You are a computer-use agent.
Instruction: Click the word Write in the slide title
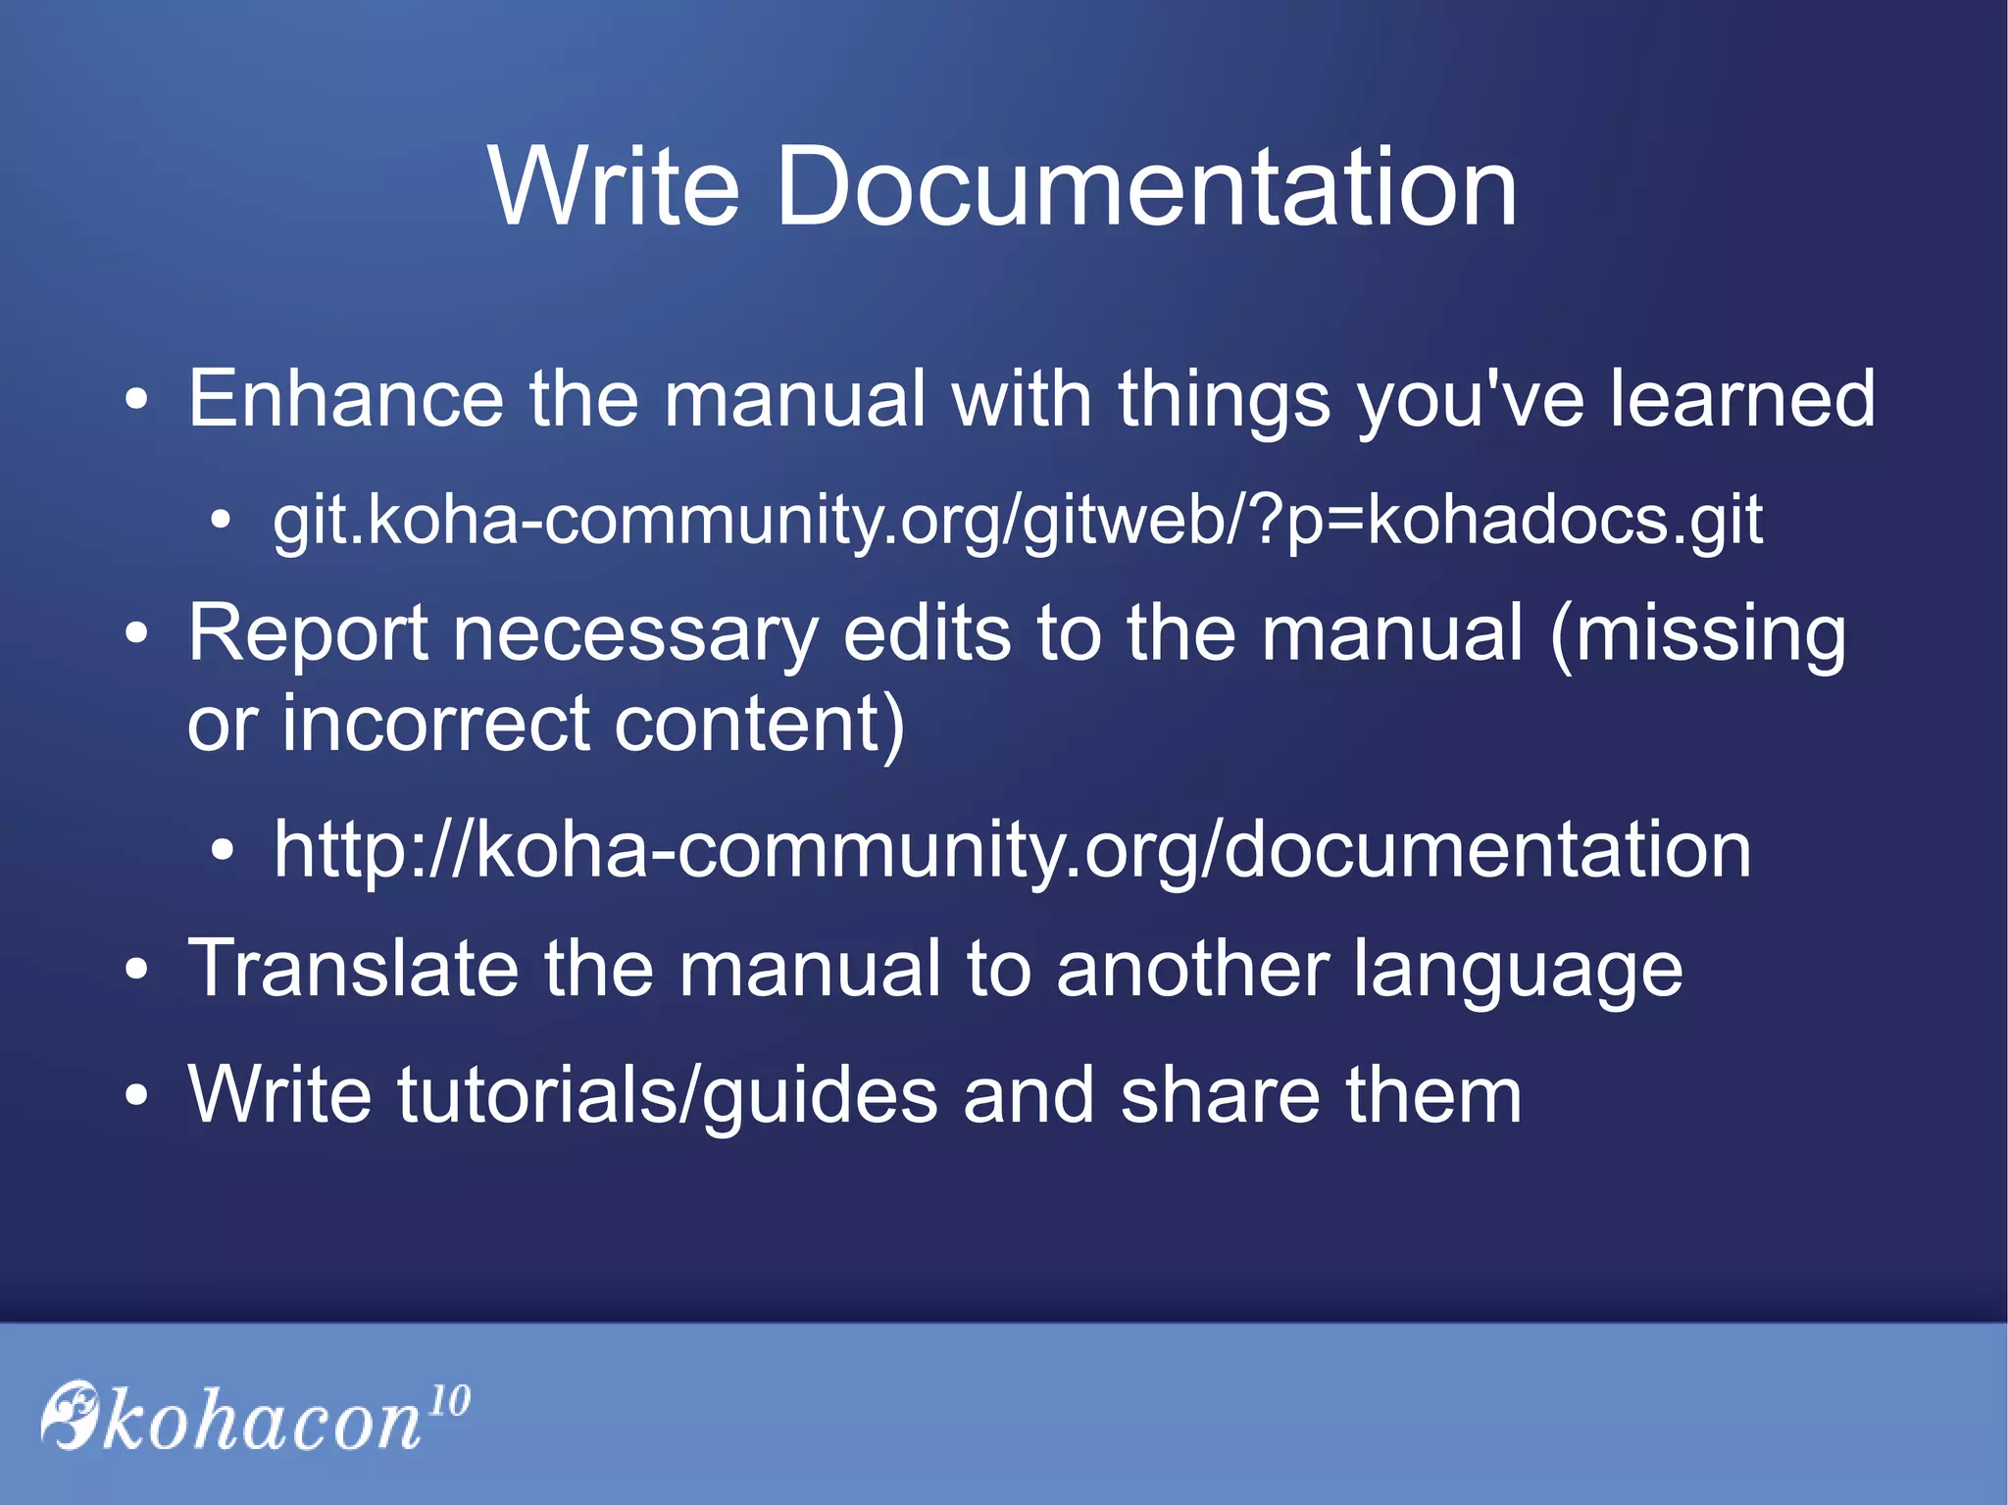tap(614, 186)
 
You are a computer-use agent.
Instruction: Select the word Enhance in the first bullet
tap(345, 399)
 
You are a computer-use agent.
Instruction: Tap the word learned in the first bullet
tap(1742, 399)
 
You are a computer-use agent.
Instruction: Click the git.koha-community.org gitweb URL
tap(1017, 521)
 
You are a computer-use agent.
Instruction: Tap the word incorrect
tap(435, 725)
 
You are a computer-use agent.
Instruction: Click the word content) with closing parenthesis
tap(760, 725)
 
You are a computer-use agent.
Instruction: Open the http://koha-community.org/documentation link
tap(1012, 850)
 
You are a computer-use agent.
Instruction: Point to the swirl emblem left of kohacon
tap(71, 1414)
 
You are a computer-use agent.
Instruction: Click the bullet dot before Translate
tap(137, 971)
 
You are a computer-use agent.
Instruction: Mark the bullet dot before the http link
tap(223, 851)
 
